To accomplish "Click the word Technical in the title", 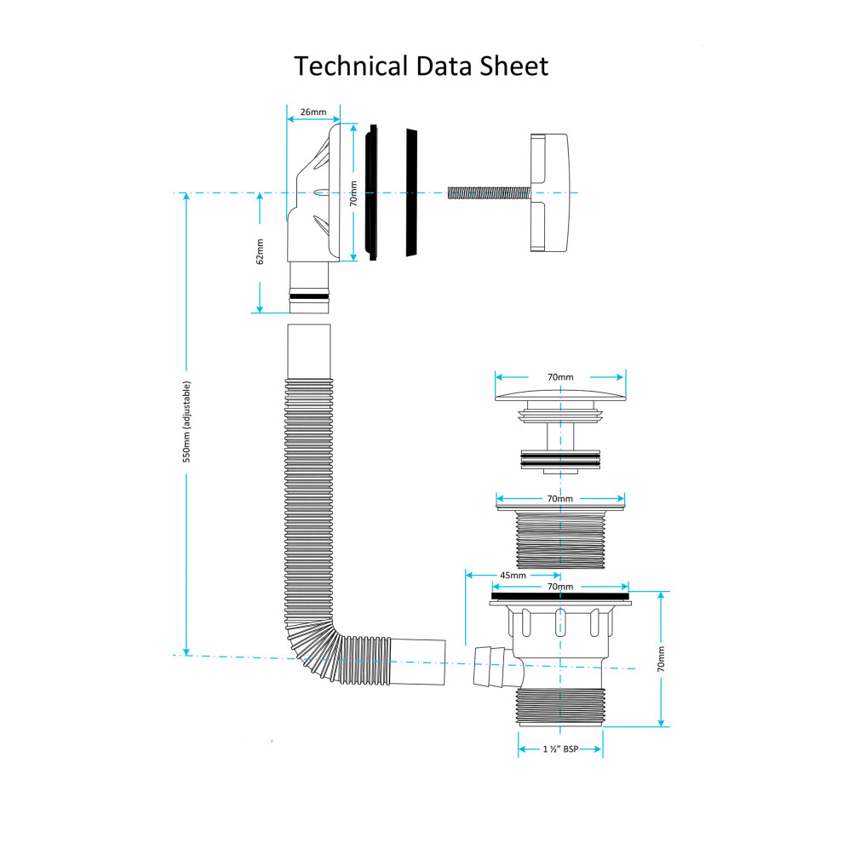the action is pyautogui.click(x=351, y=66).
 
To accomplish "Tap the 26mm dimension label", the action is pyautogui.click(x=313, y=112).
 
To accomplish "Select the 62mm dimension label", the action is pyautogui.click(x=260, y=251).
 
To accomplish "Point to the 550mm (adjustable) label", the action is pyautogui.click(x=186, y=421).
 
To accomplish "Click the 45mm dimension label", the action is pyautogui.click(x=513, y=576).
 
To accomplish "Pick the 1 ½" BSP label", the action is pyautogui.click(x=560, y=749).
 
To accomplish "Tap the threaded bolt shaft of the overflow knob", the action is pyautogui.click(x=489, y=193).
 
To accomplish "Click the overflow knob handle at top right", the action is pyautogui.click(x=549, y=192).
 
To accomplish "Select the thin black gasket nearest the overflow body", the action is pyautogui.click(x=372, y=192).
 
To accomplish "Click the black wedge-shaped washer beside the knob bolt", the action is pyautogui.click(x=411, y=192).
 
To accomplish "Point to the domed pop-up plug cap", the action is pyautogui.click(x=560, y=396).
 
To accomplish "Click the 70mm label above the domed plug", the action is pyautogui.click(x=560, y=377).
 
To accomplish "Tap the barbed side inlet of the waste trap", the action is pyautogui.click(x=490, y=667).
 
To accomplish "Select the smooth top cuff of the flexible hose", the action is pyautogui.click(x=308, y=352).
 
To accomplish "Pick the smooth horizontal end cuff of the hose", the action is pyautogui.click(x=418, y=662).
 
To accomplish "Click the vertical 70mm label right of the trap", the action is pyautogui.click(x=661, y=659).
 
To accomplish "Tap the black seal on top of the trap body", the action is pyautogui.click(x=560, y=596).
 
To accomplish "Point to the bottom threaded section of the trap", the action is pyautogui.click(x=560, y=708).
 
